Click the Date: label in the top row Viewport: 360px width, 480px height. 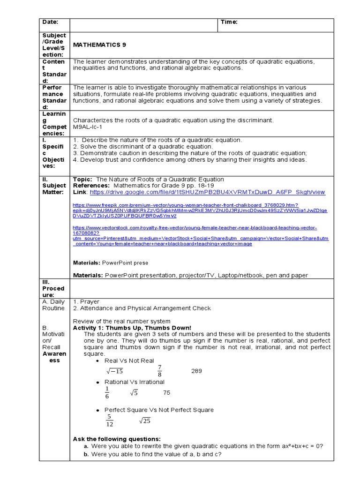[50, 22]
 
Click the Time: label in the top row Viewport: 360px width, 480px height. [230, 22]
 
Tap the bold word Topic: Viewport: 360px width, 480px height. [83, 179]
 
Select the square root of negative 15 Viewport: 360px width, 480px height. [114, 371]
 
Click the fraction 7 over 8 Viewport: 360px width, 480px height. [159, 370]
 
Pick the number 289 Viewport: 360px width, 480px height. [196, 371]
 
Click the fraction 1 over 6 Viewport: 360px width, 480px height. [107, 392]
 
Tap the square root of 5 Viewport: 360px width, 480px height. [134, 393]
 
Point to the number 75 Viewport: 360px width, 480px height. [166, 392]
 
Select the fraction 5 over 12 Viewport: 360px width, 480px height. [109, 420]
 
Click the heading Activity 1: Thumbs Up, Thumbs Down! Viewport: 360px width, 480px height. [132, 327]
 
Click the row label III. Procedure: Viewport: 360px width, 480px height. [53, 288]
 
